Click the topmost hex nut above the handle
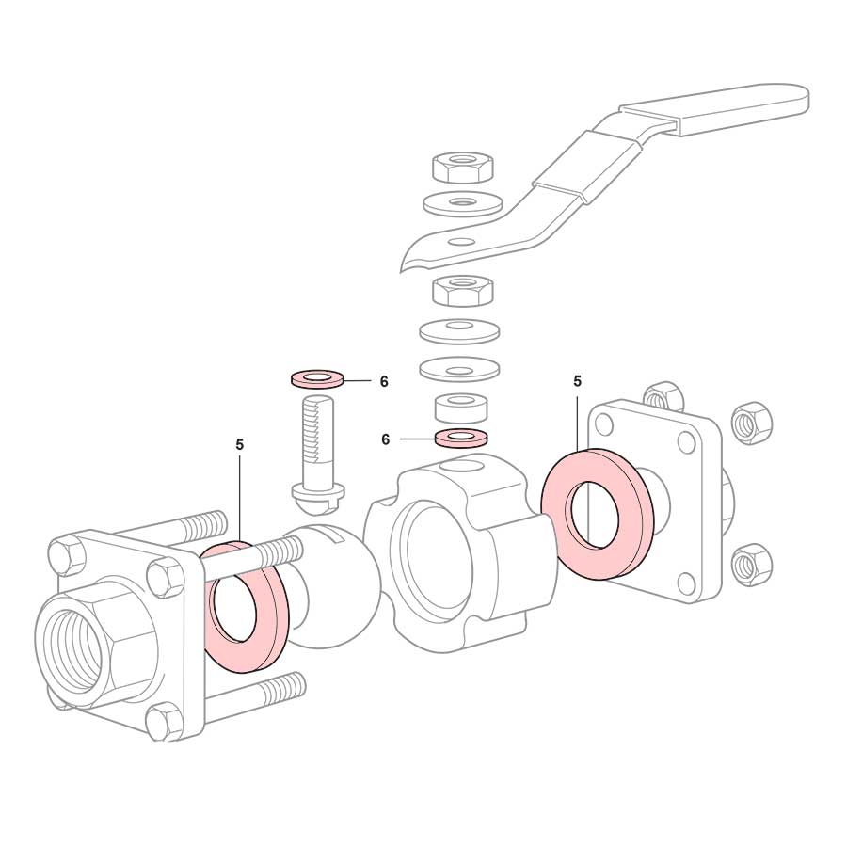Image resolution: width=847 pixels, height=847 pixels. coord(463,167)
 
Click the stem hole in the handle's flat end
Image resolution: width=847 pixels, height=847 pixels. coord(461,240)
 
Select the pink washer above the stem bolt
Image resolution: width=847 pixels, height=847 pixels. coord(316,378)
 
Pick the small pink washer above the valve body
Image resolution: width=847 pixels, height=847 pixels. coord(460,438)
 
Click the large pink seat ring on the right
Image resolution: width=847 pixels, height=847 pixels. coord(597,513)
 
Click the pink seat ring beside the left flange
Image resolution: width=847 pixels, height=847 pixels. coord(246,609)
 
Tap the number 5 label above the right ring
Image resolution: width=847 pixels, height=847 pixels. coord(578,381)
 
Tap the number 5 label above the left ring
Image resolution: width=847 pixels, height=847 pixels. coord(240,444)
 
